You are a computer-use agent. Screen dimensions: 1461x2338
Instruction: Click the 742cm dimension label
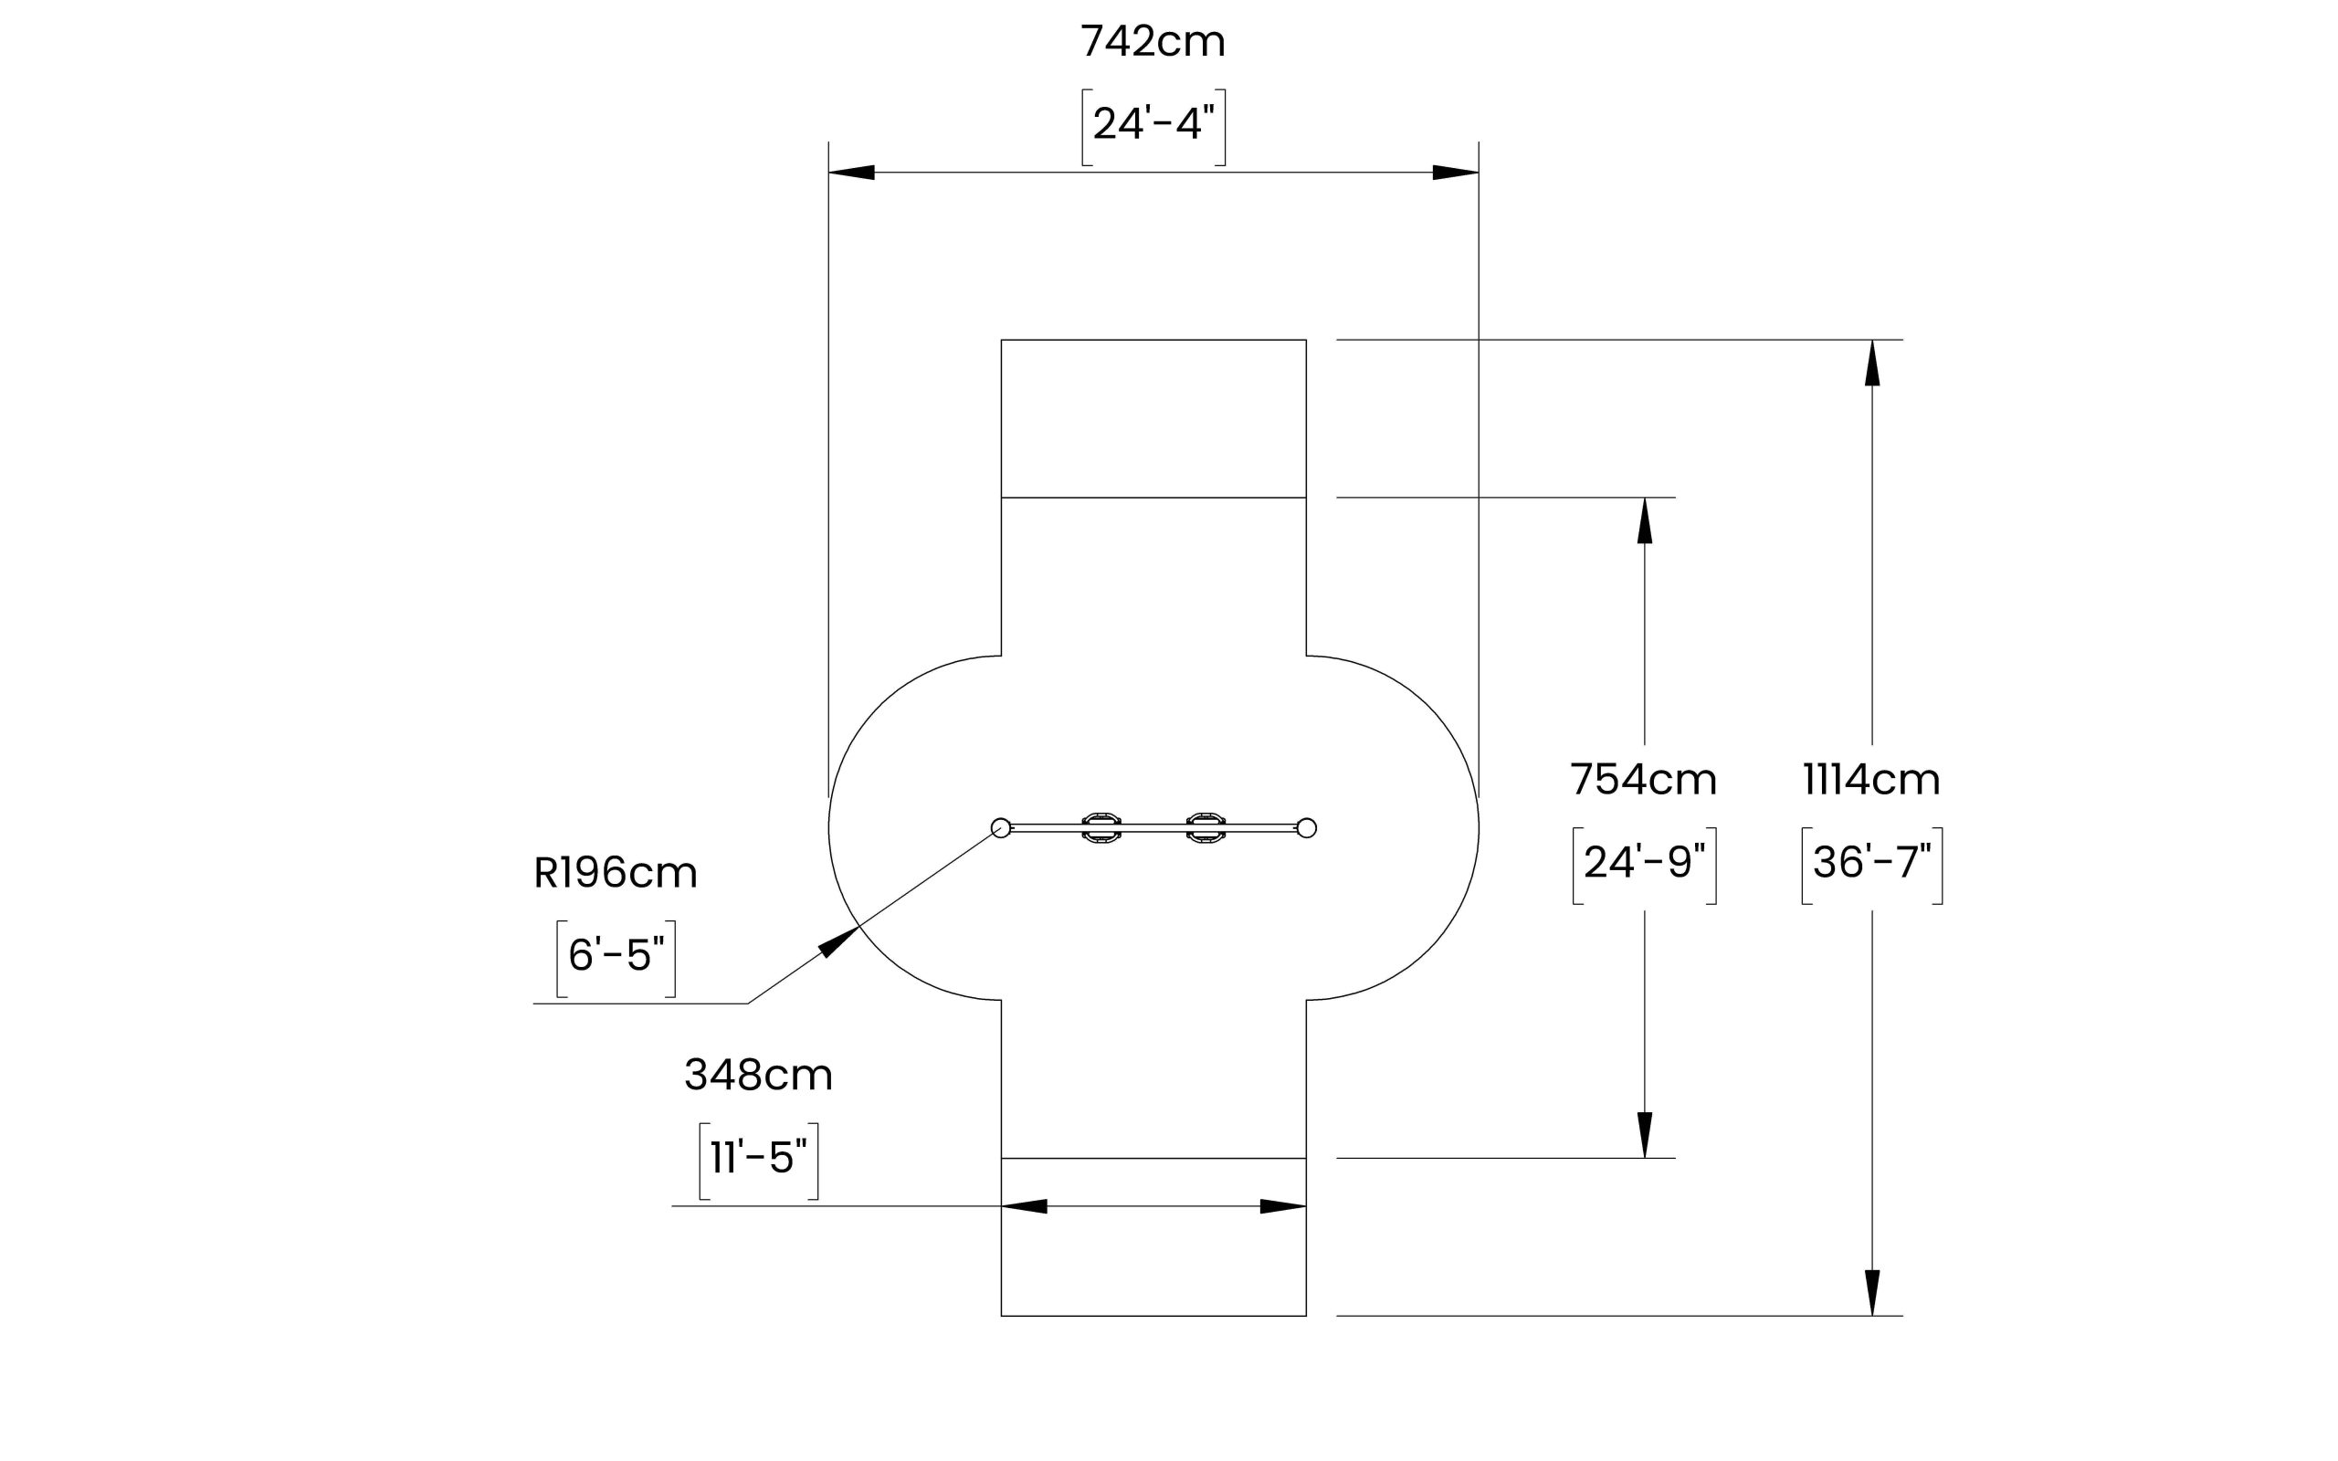click(1153, 43)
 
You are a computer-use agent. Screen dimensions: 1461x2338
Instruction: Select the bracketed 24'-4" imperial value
click(1153, 125)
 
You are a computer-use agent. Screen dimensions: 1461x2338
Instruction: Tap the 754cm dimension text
click(1642, 780)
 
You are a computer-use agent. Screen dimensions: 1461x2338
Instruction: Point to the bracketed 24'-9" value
click(1643, 863)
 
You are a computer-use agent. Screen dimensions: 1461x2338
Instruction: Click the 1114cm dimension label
click(1871, 780)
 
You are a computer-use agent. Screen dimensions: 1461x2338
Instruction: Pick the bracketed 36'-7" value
click(1871, 863)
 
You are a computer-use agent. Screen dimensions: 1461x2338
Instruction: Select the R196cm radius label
click(616, 874)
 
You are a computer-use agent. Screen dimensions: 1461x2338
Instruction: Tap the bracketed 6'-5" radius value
click(616, 956)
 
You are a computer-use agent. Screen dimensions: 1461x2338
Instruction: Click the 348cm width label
click(758, 1076)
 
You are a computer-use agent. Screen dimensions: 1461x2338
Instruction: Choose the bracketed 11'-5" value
click(758, 1158)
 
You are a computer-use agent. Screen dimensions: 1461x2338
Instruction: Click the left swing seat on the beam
click(1101, 828)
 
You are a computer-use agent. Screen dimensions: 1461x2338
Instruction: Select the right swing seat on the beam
click(1206, 828)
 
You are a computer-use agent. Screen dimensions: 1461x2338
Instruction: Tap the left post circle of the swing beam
click(1001, 828)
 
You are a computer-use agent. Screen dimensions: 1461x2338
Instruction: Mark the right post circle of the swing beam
click(1306, 828)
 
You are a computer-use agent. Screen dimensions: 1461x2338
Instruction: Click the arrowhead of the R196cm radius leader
click(839, 941)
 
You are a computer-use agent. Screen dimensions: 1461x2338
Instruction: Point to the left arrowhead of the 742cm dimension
click(851, 173)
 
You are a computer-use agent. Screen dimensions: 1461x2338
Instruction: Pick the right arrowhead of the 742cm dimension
click(1456, 173)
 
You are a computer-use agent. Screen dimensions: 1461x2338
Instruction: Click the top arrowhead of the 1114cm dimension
click(1872, 363)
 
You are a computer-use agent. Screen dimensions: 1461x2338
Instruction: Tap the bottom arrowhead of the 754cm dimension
click(1644, 1134)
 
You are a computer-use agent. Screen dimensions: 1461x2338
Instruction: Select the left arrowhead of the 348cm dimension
click(1024, 1206)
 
